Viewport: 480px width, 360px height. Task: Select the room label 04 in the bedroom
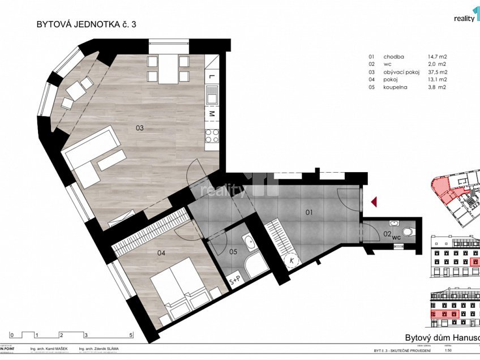pos(161,253)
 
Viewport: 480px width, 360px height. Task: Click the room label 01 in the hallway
pos(309,213)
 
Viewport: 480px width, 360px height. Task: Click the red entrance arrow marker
pos(373,201)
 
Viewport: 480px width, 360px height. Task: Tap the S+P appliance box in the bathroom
pos(234,279)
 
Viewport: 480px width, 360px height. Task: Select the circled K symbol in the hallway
pos(292,260)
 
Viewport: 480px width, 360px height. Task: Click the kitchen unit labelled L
pos(211,76)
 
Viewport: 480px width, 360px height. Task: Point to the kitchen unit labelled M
pos(211,114)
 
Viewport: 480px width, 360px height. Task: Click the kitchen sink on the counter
pos(211,95)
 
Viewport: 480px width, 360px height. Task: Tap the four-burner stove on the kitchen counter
pos(211,135)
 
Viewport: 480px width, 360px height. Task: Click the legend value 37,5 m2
pos(438,72)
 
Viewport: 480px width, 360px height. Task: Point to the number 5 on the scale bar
pos(131,335)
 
